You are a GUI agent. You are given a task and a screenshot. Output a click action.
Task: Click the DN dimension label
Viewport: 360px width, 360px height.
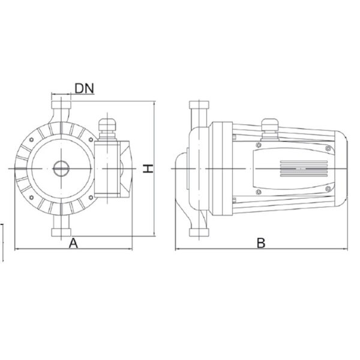click(x=85, y=88)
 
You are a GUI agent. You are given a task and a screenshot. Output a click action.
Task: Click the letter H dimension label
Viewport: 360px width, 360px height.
click(x=148, y=169)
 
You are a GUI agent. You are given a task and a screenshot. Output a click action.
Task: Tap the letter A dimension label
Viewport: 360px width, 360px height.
click(x=73, y=244)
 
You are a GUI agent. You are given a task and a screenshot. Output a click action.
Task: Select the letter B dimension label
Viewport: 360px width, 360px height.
click(x=261, y=244)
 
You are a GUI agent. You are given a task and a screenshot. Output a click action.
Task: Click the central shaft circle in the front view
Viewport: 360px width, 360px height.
click(x=61, y=169)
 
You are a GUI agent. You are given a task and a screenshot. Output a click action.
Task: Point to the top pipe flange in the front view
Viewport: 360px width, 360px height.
click(x=61, y=105)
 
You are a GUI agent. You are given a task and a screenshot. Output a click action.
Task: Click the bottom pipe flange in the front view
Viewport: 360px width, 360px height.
click(x=61, y=232)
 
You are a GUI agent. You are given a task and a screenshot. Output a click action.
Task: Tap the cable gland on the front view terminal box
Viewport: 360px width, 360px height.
click(x=107, y=128)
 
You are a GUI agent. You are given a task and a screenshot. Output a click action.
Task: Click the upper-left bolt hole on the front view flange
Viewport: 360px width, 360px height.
click(x=31, y=140)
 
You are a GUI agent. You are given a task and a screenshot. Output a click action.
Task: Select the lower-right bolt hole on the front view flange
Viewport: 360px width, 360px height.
click(x=91, y=197)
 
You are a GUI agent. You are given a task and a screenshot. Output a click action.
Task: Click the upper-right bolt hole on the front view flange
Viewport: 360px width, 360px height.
click(x=91, y=140)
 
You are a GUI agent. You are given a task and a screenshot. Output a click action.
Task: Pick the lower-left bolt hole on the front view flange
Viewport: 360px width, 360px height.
click(x=31, y=197)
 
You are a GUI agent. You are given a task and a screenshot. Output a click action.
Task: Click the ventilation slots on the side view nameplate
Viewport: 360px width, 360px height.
click(x=304, y=169)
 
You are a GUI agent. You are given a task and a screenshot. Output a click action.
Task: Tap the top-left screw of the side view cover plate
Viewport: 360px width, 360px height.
click(x=259, y=145)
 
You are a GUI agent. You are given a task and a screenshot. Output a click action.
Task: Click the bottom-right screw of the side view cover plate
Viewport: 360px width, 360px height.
click(x=328, y=189)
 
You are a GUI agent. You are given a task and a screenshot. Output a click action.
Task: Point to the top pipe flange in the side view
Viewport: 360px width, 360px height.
click(x=199, y=105)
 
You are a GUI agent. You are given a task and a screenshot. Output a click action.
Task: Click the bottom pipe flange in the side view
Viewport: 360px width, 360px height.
click(x=199, y=232)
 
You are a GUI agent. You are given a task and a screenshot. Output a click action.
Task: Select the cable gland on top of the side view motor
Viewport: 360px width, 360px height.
click(x=270, y=129)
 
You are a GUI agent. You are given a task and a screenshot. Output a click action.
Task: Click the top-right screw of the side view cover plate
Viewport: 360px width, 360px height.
click(x=328, y=148)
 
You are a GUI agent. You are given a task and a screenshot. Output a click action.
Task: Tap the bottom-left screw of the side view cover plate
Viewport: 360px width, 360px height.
click(x=259, y=192)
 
